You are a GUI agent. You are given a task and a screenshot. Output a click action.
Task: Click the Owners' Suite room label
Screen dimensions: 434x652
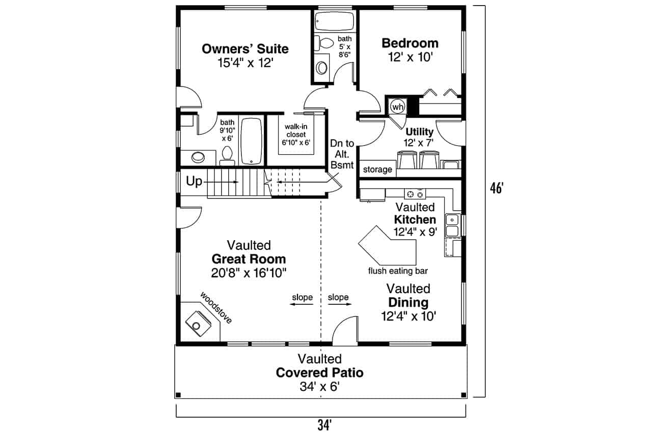[x=245, y=49]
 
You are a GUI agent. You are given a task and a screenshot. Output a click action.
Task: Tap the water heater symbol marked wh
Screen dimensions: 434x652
[x=397, y=107]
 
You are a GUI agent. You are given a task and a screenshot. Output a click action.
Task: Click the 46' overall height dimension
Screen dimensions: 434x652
[x=496, y=188]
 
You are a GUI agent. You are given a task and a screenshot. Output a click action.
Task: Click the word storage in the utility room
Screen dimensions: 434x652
[x=377, y=169]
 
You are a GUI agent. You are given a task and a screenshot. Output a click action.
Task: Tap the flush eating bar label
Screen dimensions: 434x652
[x=398, y=271]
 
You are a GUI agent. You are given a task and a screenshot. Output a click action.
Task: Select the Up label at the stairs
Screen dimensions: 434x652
[x=194, y=182]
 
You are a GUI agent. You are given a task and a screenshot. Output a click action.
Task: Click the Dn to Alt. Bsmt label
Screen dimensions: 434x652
[x=342, y=154]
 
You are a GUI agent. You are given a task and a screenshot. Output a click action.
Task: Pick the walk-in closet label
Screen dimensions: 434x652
[x=296, y=134]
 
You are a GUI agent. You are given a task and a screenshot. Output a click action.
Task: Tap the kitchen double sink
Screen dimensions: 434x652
[x=452, y=225]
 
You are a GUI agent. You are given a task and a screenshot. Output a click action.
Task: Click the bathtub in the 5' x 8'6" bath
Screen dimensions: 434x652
[x=334, y=21]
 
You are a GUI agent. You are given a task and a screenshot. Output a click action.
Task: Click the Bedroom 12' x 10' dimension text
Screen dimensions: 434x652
[x=410, y=57]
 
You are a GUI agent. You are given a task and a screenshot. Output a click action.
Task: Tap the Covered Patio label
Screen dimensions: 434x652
[x=319, y=372]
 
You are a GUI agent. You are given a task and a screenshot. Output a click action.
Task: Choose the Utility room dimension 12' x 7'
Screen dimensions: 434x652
[x=419, y=143]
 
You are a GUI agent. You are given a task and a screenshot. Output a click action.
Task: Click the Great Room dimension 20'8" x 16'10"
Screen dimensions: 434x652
[x=249, y=272]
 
